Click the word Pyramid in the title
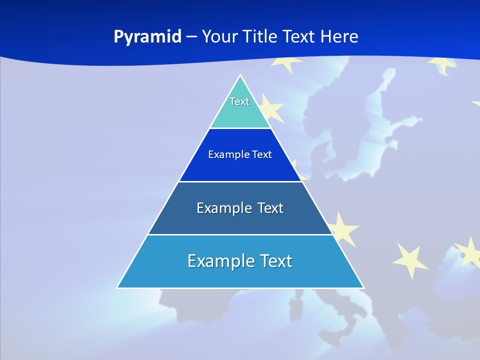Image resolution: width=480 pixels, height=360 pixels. tap(147, 37)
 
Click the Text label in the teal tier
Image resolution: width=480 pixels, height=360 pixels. tap(239, 101)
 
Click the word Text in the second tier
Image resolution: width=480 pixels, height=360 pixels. tap(262, 154)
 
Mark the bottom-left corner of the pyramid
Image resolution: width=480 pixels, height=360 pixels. tap(117, 287)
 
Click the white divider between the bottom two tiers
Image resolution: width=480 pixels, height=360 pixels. tap(240, 234)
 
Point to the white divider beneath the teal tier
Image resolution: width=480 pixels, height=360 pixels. tap(240, 128)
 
